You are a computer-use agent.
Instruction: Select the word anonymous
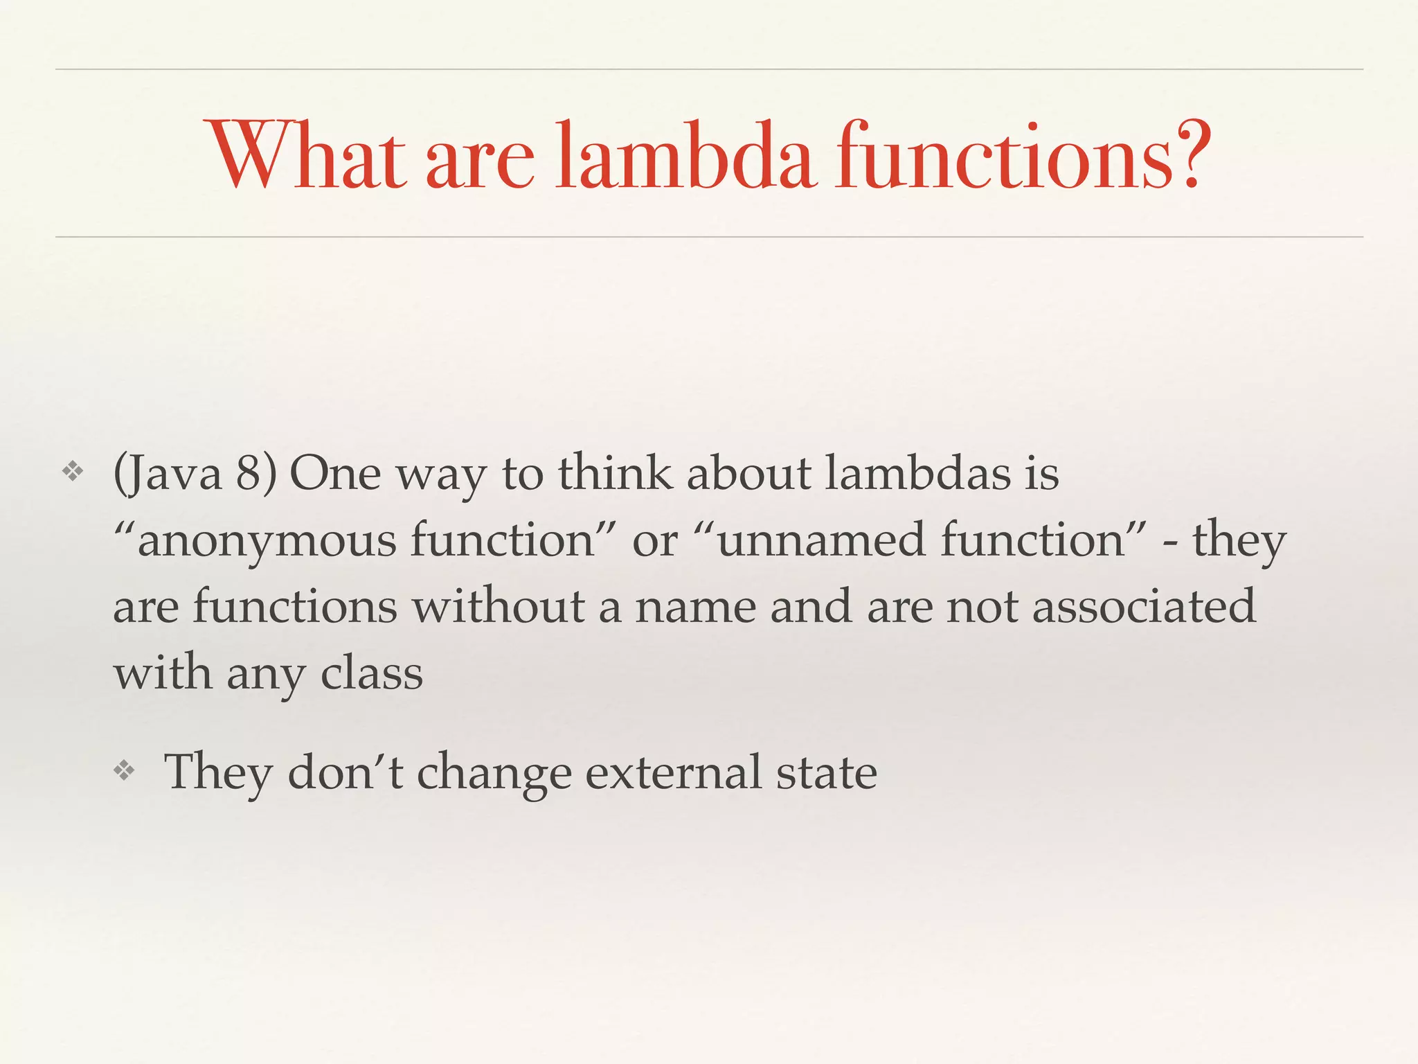click(x=267, y=541)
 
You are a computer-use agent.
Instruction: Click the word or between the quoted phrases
click(x=654, y=541)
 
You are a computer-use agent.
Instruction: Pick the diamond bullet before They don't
click(x=124, y=771)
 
